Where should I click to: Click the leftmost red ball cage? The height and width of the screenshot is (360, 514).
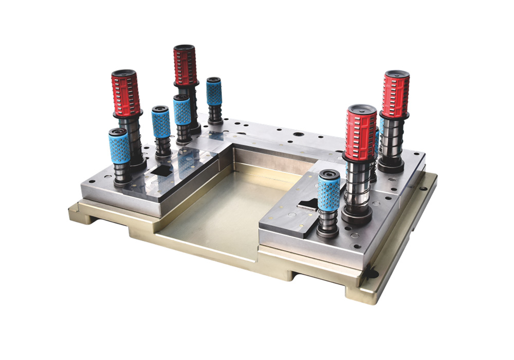click(126, 94)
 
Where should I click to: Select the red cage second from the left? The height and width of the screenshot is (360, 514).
click(185, 65)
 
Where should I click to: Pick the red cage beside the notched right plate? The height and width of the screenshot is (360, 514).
click(360, 133)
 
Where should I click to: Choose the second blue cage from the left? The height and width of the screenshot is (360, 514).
click(161, 122)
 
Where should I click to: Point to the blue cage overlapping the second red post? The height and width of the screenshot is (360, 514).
click(182, 111)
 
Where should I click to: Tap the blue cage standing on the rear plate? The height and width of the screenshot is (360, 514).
click(214, 93)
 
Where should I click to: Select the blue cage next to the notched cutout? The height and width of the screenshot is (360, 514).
click(329, 190)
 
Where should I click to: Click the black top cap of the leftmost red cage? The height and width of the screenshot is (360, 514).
click(124, 74)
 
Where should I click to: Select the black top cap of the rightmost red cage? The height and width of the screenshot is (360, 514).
click(396, 74)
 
